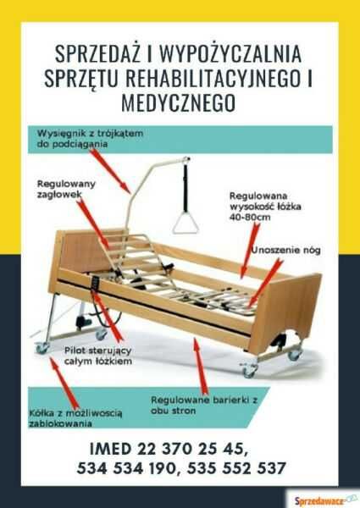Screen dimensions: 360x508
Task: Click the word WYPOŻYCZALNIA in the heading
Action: (x=230, y=54)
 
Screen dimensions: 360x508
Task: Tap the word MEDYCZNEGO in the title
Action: (x=179, y=102)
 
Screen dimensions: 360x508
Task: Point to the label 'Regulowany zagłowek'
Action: (x=66, y=189)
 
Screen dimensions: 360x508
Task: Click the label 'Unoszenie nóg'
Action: (x=286, y=250)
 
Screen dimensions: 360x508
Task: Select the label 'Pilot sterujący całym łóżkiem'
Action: (x=98, y=356)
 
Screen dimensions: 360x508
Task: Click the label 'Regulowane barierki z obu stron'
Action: (x=204, y=405)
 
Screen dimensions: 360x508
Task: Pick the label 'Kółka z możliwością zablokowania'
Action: (x=75, y=418)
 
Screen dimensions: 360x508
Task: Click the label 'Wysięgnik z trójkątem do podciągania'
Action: (x=90, y=139)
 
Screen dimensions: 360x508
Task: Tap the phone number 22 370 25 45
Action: (x=191, y=449)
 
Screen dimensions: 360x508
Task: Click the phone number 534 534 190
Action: (x=127, y=468)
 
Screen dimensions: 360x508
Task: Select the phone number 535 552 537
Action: (x=236, y=468)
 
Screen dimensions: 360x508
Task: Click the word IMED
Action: (x=110, y=449)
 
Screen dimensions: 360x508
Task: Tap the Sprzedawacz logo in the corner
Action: (x=323, y=500)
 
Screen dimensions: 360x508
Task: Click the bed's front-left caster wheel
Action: (x=42, y=348)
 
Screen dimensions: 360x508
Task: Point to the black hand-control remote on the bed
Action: (x=96, y=283)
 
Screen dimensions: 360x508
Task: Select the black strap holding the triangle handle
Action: (x=186, y=188)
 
